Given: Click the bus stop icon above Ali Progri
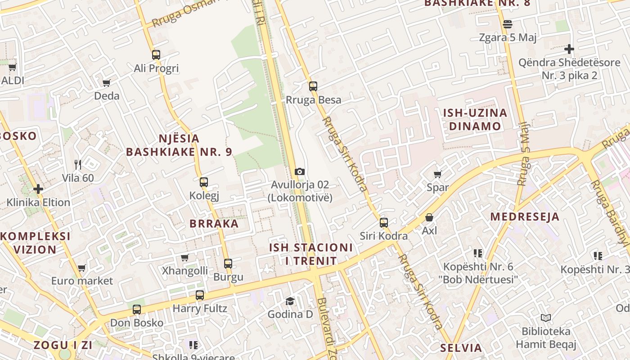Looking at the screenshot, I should tap(156, 55).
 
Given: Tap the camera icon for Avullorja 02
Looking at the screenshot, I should tap(300, 171).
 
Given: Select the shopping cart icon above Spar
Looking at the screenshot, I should tap(437, 174).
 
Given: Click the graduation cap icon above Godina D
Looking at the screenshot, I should tap(290, 301).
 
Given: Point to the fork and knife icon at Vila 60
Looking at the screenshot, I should tap(78, 164).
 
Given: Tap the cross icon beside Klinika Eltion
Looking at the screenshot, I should tap(38, 189).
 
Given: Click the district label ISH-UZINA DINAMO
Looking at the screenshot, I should tap(475, 119).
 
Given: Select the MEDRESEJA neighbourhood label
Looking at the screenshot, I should tap(525, 216).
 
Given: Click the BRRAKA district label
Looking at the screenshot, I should tap(214, 224).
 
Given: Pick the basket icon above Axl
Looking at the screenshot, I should tap(429, 217).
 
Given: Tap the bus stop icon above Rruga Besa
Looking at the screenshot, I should tap(313, 86).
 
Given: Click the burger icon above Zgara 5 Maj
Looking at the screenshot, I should tap(508, 24).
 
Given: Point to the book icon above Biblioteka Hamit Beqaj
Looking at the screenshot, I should tap(546, 318).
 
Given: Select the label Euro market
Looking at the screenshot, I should tap(82, 281).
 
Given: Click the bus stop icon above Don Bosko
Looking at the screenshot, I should tap(137, 310).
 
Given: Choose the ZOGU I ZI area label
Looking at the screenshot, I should tap(63, 345).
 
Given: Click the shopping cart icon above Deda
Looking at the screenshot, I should tap(107, 83).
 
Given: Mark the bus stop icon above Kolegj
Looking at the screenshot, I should tap(204, 182).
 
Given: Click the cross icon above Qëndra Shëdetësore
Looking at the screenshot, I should tap(569, 49).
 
